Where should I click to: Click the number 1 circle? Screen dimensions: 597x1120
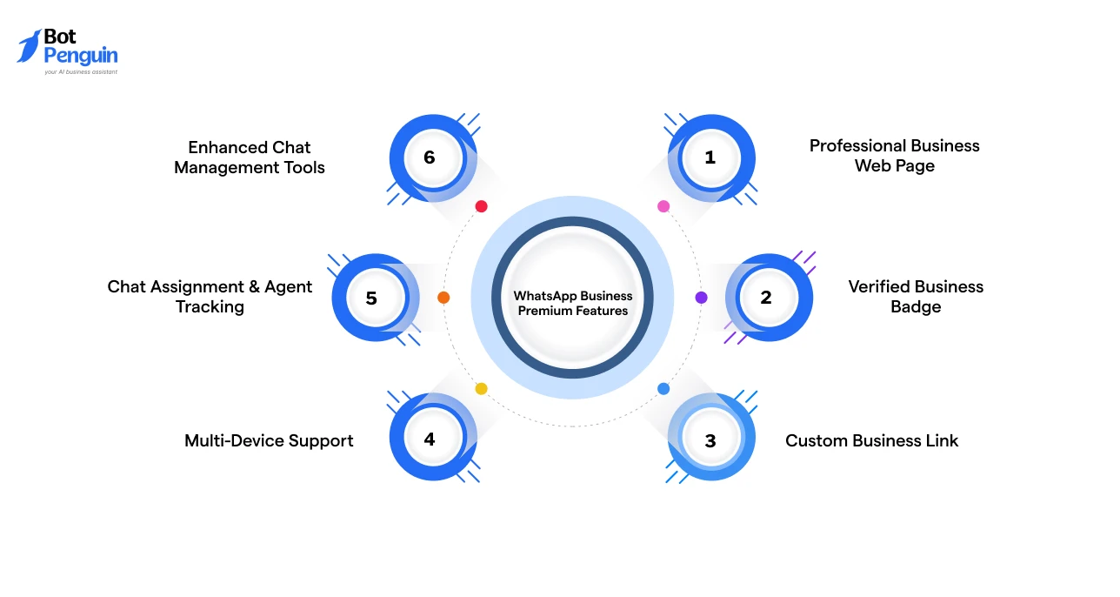tap(710, 158)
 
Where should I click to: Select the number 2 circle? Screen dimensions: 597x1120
tap(766, 298)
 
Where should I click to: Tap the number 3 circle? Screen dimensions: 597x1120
tap(710, 440)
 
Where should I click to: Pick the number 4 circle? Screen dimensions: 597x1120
tap(430, 439)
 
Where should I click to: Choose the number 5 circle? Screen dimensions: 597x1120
tap(371, 298)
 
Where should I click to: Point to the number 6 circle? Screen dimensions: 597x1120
tap(430, 158)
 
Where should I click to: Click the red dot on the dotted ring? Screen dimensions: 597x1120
tap(481, 206)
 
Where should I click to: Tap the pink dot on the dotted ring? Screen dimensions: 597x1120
tap(663, 206)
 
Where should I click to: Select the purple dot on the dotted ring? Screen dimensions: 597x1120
tap(701, 298)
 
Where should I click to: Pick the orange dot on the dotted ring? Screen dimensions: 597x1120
tap(443, 298)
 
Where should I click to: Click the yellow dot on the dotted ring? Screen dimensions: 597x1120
tap(481, 388)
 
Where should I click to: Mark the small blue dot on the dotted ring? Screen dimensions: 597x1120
tap(663, 388)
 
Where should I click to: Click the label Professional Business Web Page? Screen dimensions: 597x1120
tap(894, 156)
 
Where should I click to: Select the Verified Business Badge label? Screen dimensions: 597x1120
tap(916, 297)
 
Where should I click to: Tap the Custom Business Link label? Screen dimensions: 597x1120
tap(871, 440)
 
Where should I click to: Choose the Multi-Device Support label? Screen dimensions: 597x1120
tap(269, 440)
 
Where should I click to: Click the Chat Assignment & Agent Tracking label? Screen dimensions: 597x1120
tap(210, 297)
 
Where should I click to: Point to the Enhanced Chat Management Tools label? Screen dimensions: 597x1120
tap(250, 158)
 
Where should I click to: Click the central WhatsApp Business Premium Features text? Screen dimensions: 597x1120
tap(572, 303)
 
